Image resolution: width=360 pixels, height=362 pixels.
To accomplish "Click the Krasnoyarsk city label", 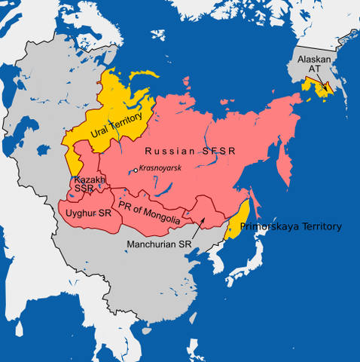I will pyautogui.click(x=160, y=167).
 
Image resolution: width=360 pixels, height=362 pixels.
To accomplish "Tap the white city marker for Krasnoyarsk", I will pyautogui.click(x=135, y=170).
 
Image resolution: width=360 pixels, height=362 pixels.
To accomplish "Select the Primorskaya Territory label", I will pyautogui.click(x=291, y=226).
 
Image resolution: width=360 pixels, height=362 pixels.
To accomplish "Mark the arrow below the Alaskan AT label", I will pyautogui.click(x=320, y=83).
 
